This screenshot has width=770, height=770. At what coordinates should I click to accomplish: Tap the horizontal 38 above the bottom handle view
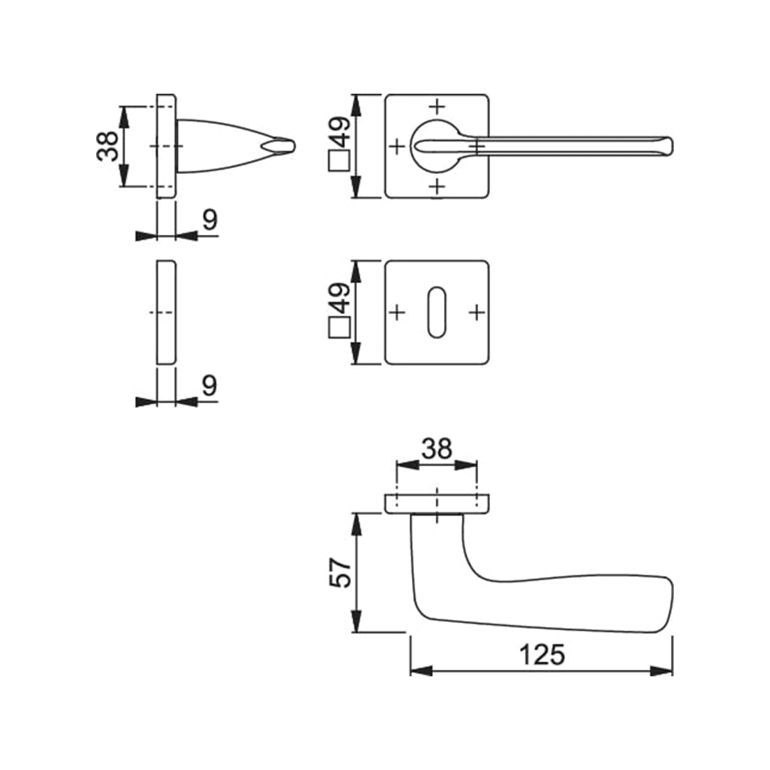point(437,449)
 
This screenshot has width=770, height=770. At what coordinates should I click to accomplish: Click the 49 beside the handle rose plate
point(339,133)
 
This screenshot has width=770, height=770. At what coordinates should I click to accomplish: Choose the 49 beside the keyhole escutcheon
point(339,299)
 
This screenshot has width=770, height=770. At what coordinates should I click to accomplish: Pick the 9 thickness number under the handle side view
point(209,220)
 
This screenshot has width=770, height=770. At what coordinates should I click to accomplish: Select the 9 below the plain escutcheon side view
point(209,386)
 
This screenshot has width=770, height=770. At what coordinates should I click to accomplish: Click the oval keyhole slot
point(437,312)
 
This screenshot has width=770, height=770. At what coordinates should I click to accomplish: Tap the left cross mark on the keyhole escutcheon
point(397,312)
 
